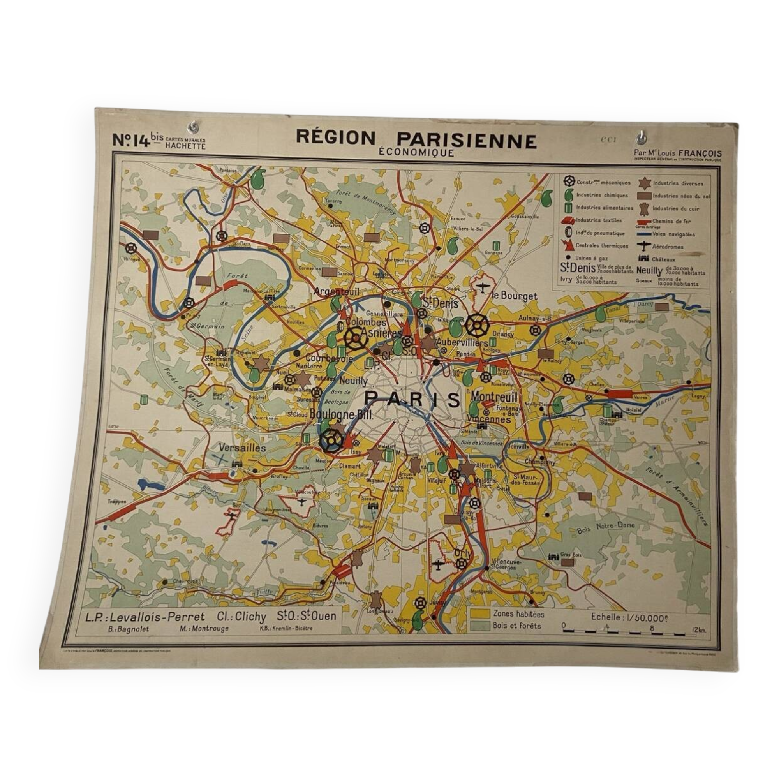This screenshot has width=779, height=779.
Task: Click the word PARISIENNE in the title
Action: click(x=467, y=140)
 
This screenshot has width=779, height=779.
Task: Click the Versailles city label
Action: click(x=242, y=448)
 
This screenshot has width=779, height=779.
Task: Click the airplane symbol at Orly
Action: click(x=437, y=564)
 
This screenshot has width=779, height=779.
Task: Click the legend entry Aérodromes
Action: click(x=667, y=247)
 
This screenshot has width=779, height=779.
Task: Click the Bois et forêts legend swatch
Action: click(x=479, y=626)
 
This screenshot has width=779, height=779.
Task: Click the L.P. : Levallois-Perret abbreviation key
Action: click(x=145, y=617)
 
